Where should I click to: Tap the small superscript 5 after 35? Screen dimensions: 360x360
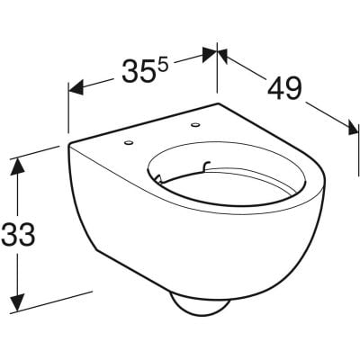(163, 66)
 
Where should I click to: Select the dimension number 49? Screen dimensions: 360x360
(283, 87)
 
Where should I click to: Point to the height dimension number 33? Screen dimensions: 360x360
(18, 236)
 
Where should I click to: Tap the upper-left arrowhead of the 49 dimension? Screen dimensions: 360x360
(225, 55)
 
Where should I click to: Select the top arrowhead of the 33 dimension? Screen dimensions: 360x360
(16, 167)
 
